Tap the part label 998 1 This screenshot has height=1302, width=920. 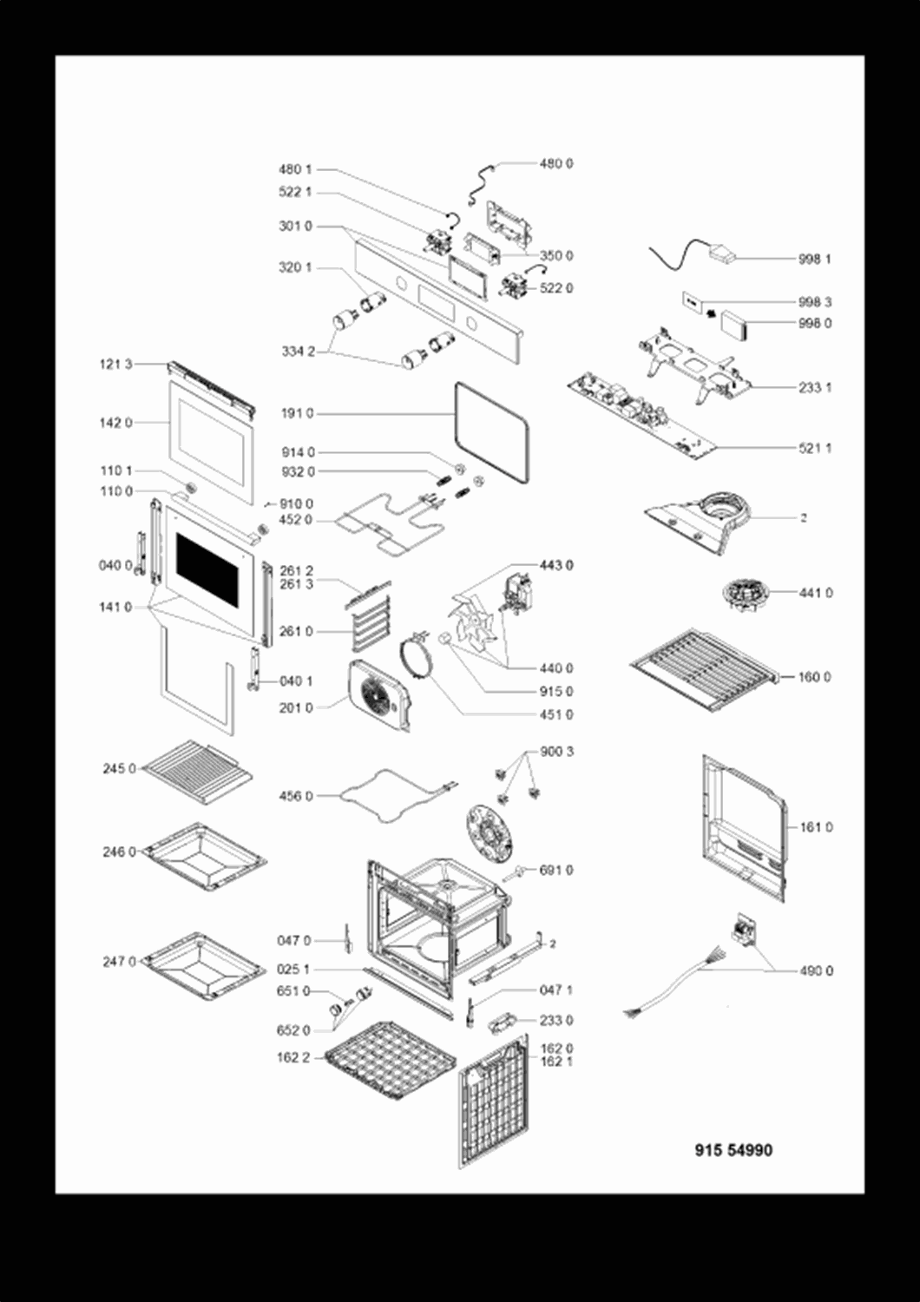[x=814, y=260]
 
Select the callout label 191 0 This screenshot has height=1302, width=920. [x=297, y=413]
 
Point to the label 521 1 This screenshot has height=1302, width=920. [x=815, y=448]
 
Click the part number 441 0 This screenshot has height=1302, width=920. [x=816, y=593]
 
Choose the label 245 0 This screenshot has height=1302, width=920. [x=119, y=768]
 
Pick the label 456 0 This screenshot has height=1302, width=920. [x=296, y=796]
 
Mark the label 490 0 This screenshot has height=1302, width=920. [x=816, y=970]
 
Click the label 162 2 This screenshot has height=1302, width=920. [x=293, y=1058]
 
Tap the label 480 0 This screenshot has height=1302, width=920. [x=556, y=164]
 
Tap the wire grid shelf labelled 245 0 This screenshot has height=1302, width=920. [x=198, y=772]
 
